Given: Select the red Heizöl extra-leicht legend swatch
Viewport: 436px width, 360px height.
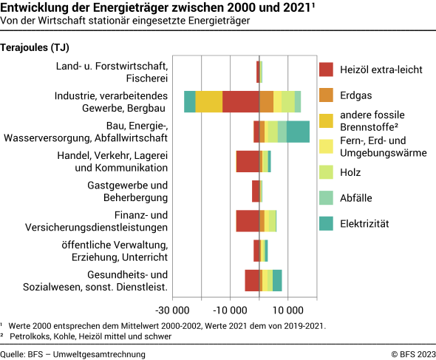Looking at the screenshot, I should (x=327, y=69).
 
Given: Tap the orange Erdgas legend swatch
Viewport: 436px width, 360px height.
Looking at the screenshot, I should (x=327, y=95).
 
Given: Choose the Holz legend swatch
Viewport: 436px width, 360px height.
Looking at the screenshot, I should (x=327, y=172).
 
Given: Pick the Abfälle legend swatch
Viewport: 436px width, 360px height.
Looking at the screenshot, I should (x=327, y=197).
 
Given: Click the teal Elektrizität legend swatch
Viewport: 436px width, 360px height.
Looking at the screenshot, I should (x=327, y=223).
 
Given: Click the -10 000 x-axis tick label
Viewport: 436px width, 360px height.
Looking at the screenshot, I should (x=231, y=310).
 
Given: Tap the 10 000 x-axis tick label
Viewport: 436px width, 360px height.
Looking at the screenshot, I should (x=288, y=310).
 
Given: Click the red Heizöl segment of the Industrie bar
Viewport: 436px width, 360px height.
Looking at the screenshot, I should (x=241, y=101).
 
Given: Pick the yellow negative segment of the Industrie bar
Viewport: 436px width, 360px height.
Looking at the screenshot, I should (x=209, y=101).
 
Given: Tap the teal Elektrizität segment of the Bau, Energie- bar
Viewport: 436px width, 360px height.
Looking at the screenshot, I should (x=298, y=132).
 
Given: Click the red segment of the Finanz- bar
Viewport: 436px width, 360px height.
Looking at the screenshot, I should (x=248, y=221).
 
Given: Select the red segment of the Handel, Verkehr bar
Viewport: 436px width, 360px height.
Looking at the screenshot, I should (x=248, y=161).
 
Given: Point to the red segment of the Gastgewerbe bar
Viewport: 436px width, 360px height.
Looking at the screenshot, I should (x=256, y=191).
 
